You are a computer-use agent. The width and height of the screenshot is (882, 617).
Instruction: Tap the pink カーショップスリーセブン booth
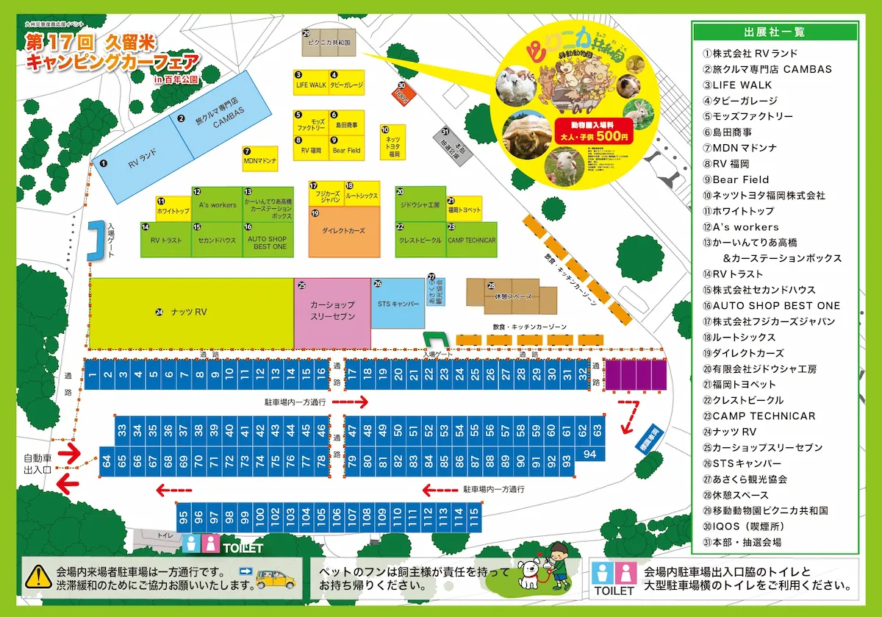332,312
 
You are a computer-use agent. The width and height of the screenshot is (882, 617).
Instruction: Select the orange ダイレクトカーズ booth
344,232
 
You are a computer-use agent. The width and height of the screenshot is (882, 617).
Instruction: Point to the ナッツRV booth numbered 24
191,313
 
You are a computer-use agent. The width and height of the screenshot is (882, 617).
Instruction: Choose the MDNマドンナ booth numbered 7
260,159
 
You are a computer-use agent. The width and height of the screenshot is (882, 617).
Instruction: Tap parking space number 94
589,454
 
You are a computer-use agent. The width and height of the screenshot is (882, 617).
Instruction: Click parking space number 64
107,463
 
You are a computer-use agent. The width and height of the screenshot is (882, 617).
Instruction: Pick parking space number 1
92,376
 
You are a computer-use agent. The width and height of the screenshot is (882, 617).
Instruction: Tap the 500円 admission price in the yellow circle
613,136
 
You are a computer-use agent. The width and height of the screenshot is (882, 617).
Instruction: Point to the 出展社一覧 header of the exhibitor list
774,32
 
